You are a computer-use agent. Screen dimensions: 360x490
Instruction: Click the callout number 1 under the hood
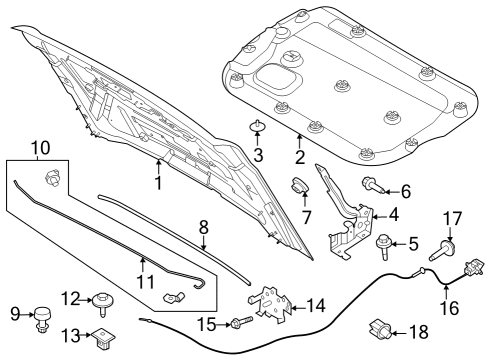157,184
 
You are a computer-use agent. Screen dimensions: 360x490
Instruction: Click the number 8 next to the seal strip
203,229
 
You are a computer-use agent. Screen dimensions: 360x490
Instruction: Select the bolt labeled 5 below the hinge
382,240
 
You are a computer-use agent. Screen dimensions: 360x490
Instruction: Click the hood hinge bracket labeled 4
350,225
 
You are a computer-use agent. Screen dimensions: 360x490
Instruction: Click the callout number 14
315,304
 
